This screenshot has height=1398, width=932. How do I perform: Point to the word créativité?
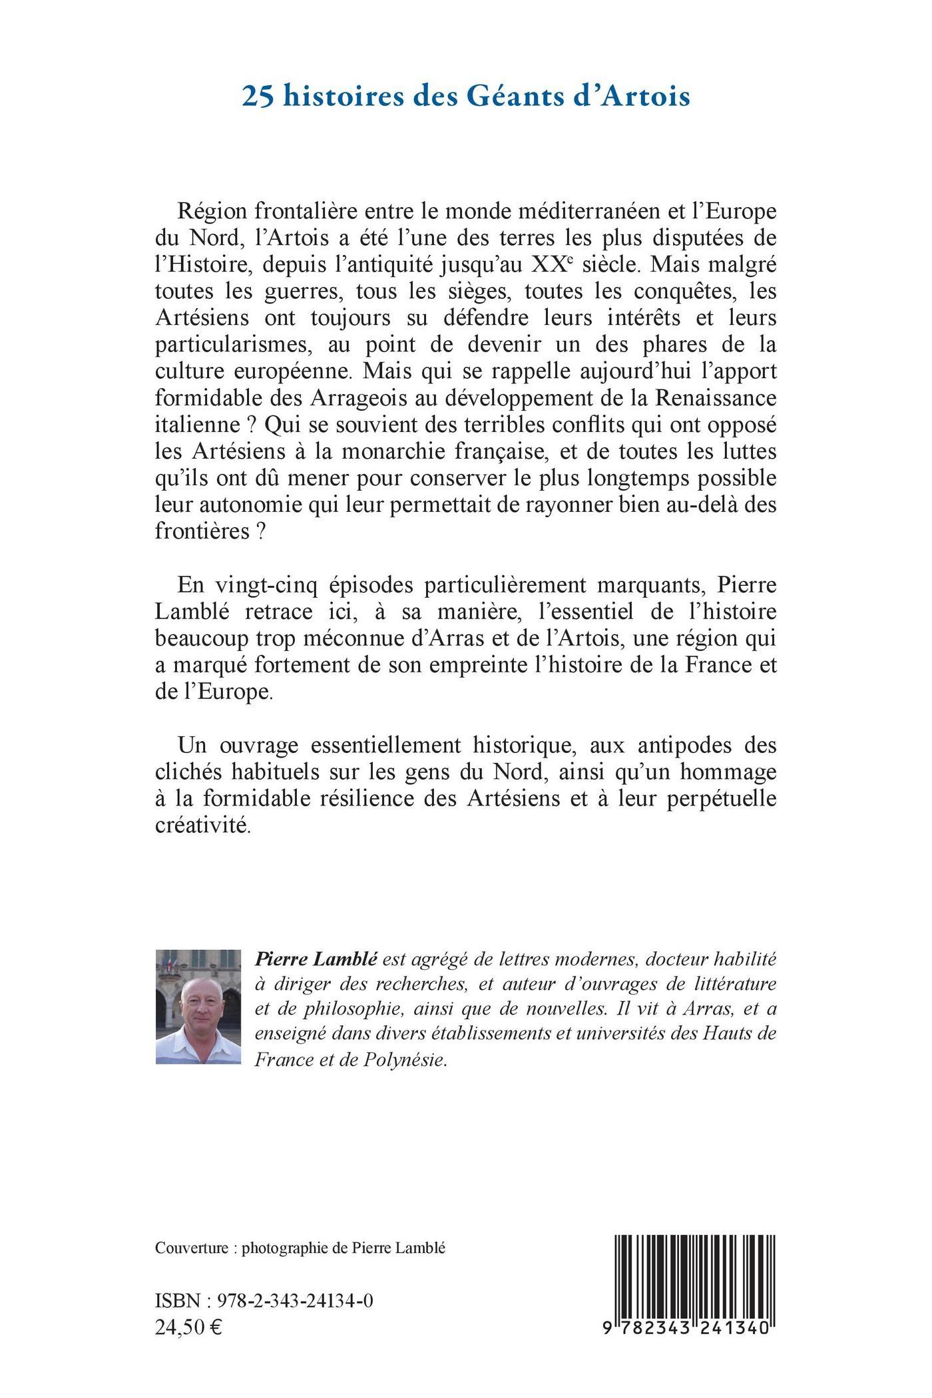202,825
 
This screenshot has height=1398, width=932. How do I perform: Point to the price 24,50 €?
188,1326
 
